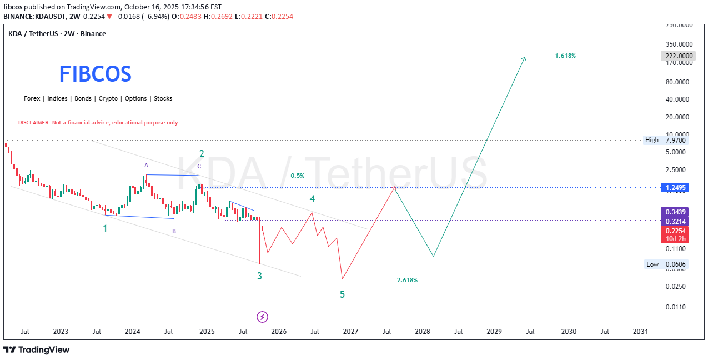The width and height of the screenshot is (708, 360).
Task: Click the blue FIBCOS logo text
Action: [x=96, y=74]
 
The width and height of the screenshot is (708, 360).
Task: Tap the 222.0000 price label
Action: [x=678, y=56]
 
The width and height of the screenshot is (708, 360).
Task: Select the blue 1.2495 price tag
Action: [x=675, y=188]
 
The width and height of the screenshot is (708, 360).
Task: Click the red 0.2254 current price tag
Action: [x=675, y=231]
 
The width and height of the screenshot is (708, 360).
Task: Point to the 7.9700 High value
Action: [x=676, y=140]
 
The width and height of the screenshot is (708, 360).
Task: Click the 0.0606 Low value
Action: [x=676, y=264]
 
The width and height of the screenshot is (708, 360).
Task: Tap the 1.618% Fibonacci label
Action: [x=565, y=56]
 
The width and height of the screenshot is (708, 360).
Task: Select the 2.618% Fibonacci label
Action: [x=407, y=280]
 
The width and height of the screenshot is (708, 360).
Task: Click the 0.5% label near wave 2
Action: [x=297, y=176]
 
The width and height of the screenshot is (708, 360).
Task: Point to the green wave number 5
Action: [x=342, y=294]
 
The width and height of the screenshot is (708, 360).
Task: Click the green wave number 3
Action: [x=259, y=276]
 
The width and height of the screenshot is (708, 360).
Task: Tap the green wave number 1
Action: [x=105, y=228]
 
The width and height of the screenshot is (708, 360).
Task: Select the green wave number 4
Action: [x=313, y=198]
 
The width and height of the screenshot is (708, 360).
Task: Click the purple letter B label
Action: [x=174, y=231]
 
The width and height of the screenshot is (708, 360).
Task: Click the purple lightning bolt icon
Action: [x=263, y=317]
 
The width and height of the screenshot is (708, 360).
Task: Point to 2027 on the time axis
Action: [x=350, y=332]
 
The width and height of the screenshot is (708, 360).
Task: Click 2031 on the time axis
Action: [x=640, y=332]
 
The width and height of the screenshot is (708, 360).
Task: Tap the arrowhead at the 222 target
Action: [x=524, y=58]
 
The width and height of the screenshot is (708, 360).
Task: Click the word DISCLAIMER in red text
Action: [x=34, y=122]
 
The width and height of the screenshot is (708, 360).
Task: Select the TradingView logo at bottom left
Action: [x=37, y=349]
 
